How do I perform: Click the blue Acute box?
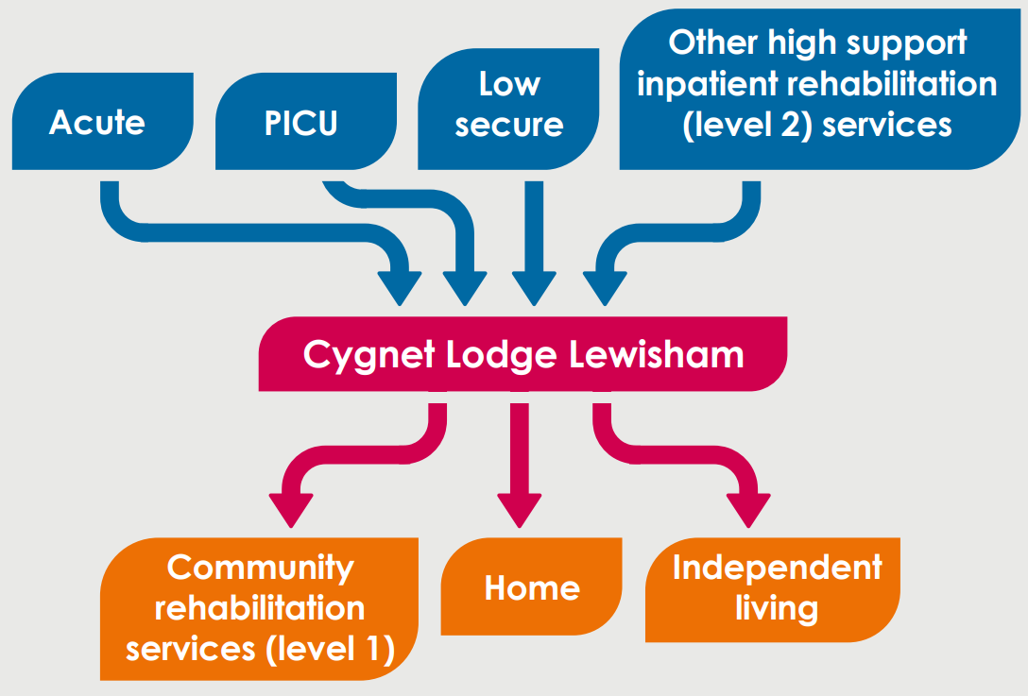pos(103,121)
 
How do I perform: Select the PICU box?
pos(306,121)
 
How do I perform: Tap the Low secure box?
pos(508,109)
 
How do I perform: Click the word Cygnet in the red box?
pos(368,356)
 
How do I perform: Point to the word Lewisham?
pos(657,354)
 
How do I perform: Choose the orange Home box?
pos(532,586)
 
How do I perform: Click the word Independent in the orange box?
pos(778,568)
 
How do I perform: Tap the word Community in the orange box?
pos(260,569)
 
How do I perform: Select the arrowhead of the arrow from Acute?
pos(400,288)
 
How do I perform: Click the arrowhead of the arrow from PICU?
pos(465,288)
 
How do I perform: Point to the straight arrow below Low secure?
pos(535,243)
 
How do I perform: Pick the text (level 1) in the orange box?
pos(331,649)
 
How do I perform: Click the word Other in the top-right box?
pos(712,42)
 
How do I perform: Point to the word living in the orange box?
pos(777,609)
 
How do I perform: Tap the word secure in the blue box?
pos(508,126)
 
